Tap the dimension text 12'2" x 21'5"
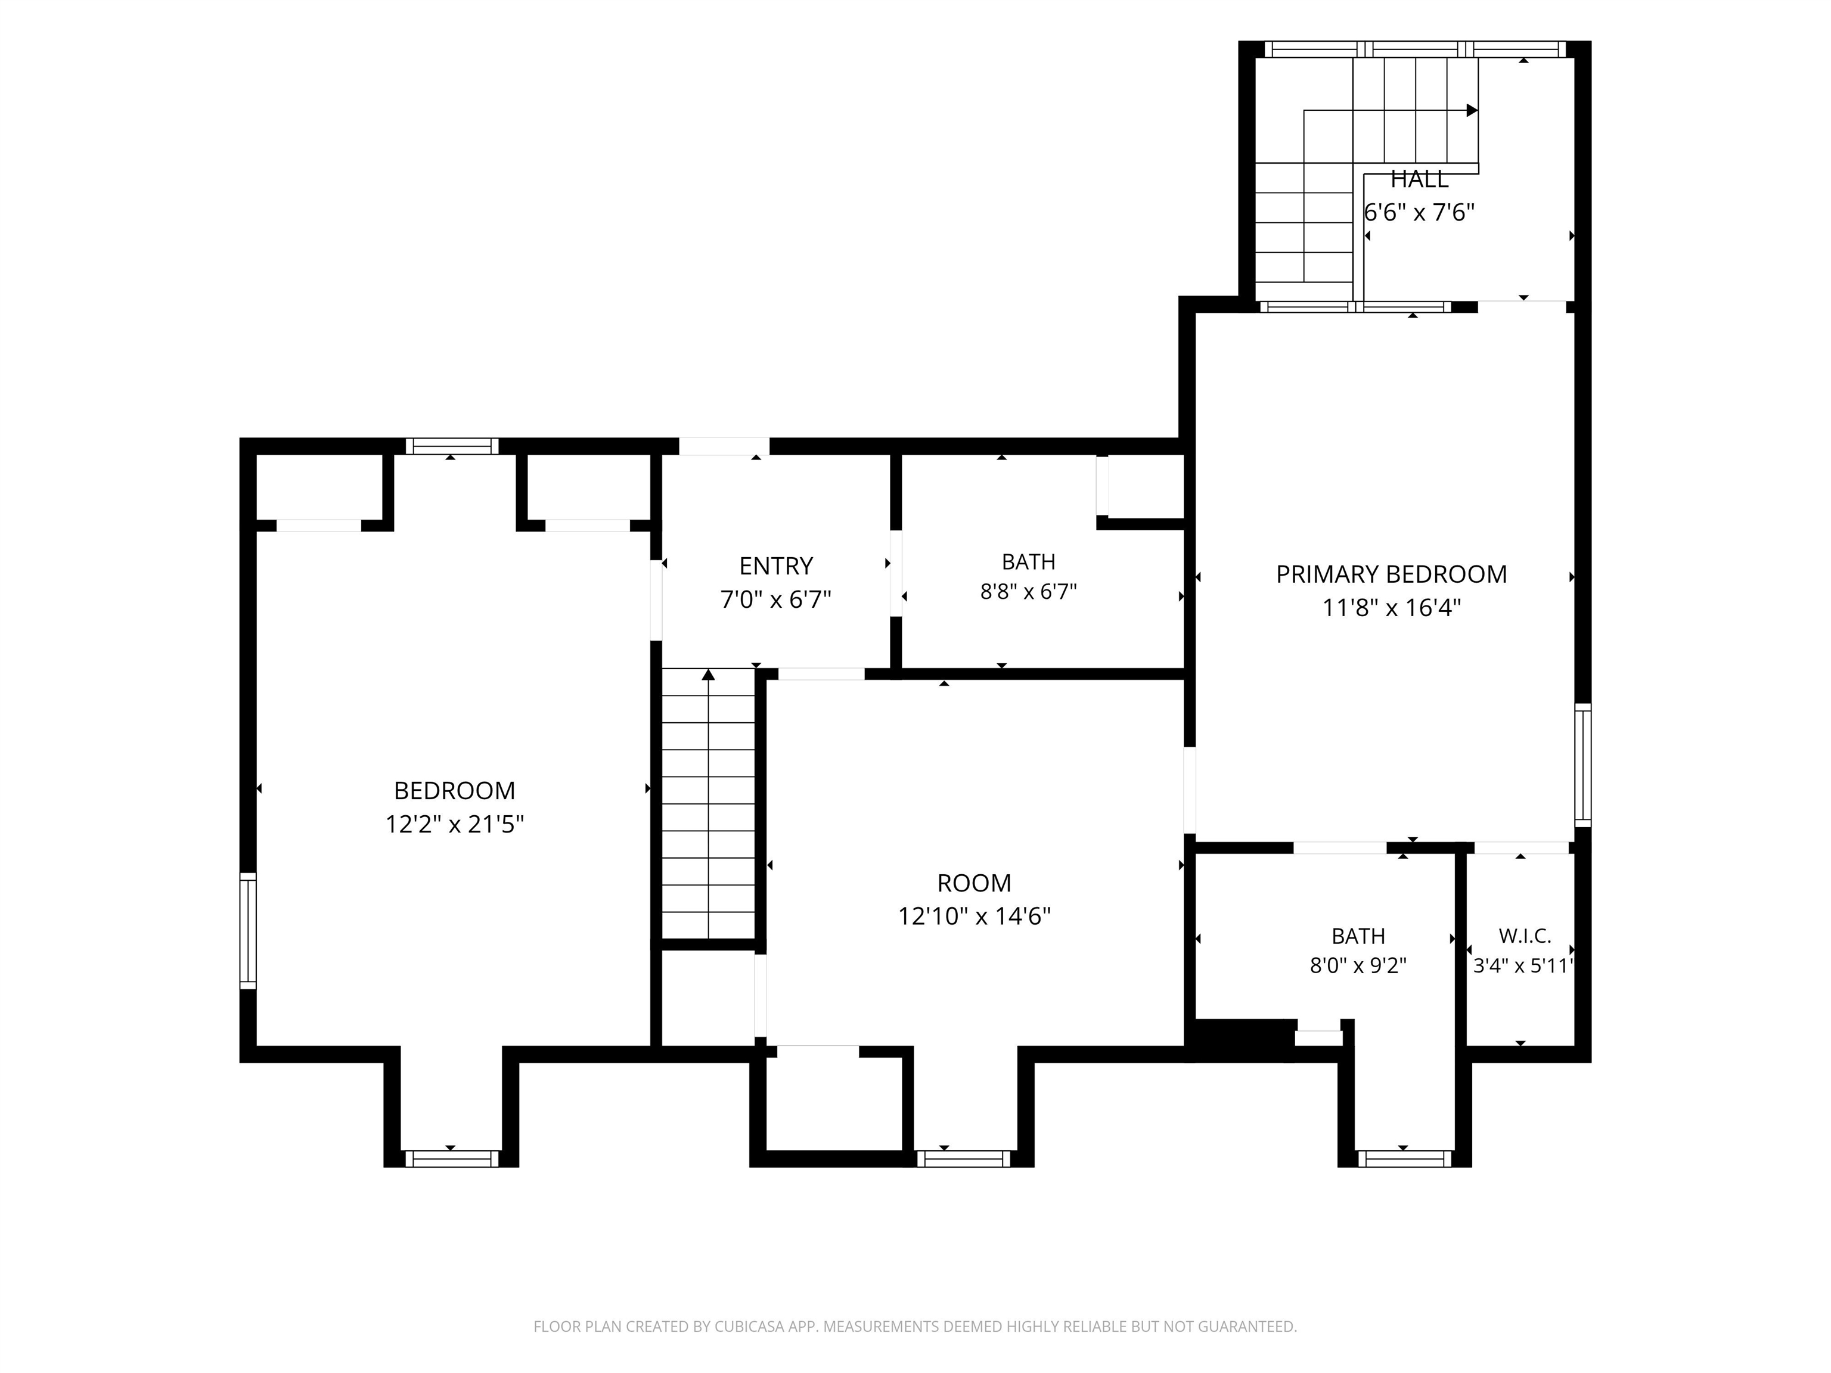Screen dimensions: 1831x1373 tap(454, 824)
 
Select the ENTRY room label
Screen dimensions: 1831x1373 tap(775, 566)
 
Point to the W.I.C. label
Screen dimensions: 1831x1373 tap(1525, 936)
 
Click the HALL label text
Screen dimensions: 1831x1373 tap(1420, 179)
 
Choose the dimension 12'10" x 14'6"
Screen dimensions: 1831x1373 tap(975, 916)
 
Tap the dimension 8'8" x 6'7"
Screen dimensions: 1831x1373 tap(1028, 592)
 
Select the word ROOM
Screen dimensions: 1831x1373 tap(975, 883)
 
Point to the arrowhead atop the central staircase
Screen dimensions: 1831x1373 tap(709, 675)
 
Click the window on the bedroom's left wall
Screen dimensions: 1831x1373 tap(247, 930)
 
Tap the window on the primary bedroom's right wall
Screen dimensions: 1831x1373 tap(1582, 765)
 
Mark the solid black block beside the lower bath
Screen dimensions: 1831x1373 tap(1240, 1039)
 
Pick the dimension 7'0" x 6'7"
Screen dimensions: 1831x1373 tap(775, 599)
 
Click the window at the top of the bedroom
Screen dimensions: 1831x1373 tap(452, 446)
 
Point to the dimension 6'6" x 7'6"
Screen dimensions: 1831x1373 tap(1420, 213)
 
